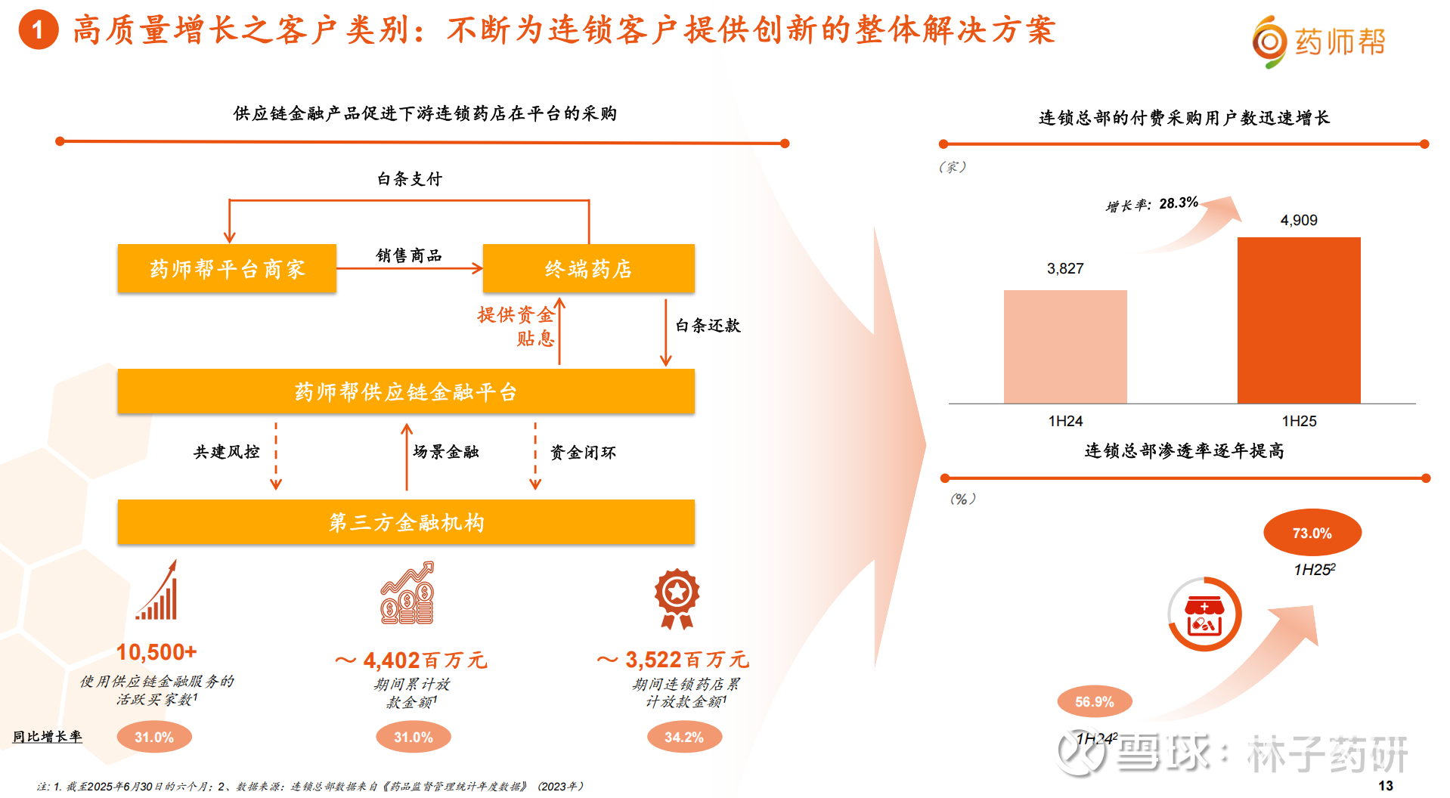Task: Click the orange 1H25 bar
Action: click(x=1299, y=320)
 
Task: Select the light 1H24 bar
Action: click(x=1065, y=347)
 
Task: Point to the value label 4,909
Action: click(x=1299, y=220)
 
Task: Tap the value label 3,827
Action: click(x=1065, y=268)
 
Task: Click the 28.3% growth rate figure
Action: click(x=1179, y=203)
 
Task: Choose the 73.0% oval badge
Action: click(x=1312, y=533)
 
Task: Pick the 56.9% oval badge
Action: click(x=1095, y=701)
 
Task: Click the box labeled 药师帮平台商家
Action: click(x=227, y=268)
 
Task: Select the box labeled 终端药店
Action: click(x=589, y=268)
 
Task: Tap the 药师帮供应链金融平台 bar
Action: click(x=406, y=391)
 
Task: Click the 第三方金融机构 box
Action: click(x=406, y=522)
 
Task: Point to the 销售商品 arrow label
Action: click(x=409, y=255)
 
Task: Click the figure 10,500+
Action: click(x=156, y=651)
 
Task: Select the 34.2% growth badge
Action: click(x=684, y=737)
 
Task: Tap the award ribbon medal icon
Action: click(x=677, y=598)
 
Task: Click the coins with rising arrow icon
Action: click(x=407, y=592)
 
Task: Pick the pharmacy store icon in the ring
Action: click(x=1204, y=615)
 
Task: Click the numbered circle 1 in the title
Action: click(x=39, y=29)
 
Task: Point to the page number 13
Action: click(x=1386, y=786)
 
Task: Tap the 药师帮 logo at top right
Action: click(x=1318, y=42)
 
